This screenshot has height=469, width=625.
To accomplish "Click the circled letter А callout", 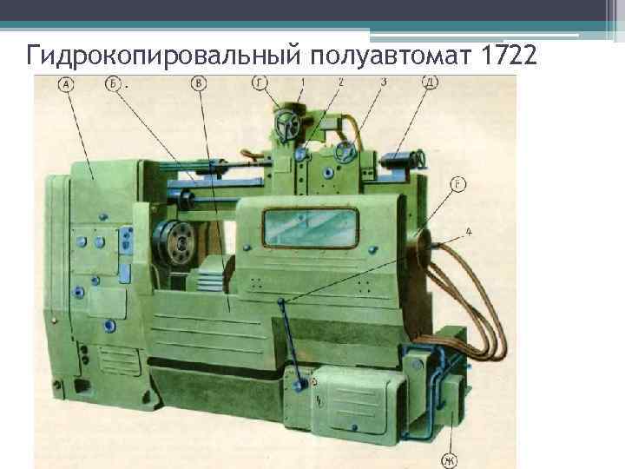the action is [x=66, y=84].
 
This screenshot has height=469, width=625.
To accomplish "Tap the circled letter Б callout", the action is [x=113, y=83].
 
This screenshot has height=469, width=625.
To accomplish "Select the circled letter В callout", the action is [x=199, y=83].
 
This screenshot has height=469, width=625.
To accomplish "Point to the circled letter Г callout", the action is [x=260, y=83].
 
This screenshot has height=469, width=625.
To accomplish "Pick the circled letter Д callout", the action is [x=430, y=83].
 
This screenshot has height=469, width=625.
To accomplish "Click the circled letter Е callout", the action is [x=458, y=184].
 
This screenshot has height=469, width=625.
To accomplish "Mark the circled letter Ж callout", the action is [x=450, y=461].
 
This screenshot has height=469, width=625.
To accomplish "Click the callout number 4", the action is [x=469, y=231].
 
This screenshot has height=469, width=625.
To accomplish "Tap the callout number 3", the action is [x=384, y=83].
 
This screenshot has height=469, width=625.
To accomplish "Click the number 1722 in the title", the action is [x=509, y=55].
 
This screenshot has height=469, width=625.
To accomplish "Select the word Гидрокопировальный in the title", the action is [x=163, y=56].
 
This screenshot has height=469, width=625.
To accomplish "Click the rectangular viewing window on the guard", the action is [x=311, y=228].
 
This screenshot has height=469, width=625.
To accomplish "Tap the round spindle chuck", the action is [x=174, y=242].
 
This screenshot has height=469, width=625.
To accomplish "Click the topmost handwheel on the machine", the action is [x=287, y=124].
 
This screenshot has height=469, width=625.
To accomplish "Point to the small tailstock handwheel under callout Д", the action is [x=421, y=158].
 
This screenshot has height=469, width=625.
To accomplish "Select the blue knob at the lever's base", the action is [x=299, y=386].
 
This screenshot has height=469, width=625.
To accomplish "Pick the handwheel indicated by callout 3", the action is [x=345, y=151].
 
